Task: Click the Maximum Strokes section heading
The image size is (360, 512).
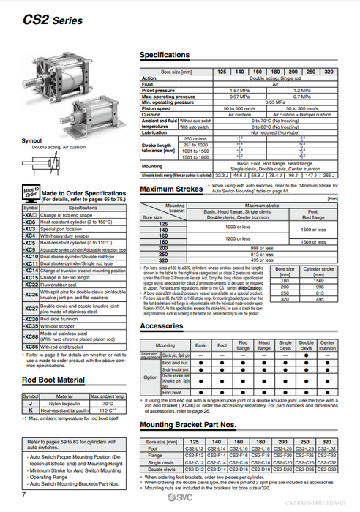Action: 170,189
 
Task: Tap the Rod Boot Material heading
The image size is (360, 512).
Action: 56,380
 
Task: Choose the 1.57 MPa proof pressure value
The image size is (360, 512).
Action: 241,89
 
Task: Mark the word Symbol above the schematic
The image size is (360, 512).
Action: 31,140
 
